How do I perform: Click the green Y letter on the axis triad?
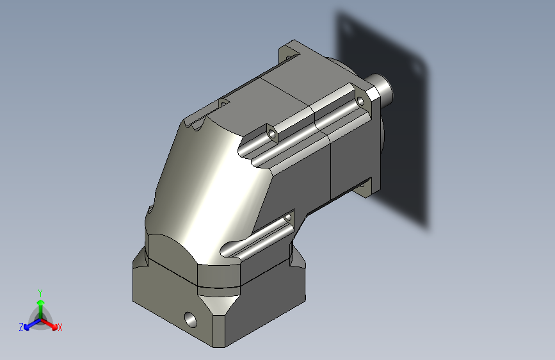pyautogui.click(x=40, y=292)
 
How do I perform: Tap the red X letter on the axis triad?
pyautogui.click(x=60, y=328)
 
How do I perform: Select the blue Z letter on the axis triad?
pyautogui.click(x=21, y=327)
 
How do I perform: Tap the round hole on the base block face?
pyautogui.click(x=190, y=316)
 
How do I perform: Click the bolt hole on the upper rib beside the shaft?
pyautogui.click(x=360, y=101)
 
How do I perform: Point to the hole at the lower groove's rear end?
pyautogui.click(x=287, y=218)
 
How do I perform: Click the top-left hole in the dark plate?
pyautogui.click(x=346, y=28)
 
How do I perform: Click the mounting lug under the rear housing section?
pyautogui.click(x=364, y=186)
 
